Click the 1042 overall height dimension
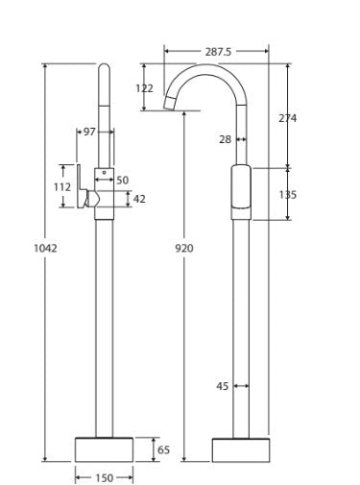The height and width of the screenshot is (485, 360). pos(45,247)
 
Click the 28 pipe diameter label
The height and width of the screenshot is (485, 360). pos(225,139)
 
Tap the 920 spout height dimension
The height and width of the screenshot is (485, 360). pos(185,248)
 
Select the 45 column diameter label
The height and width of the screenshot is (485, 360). pos(223,386)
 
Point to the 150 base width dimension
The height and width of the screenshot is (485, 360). pos(104,477)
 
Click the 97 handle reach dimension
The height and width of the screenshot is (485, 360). pos(88,132)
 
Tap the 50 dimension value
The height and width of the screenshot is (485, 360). pos(122,180)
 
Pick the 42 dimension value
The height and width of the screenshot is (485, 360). pos(139,199)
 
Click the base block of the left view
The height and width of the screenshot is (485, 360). pos(104,449)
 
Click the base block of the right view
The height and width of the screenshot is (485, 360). pos(241,449)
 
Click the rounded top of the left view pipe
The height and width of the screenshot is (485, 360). pos(104,69)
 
